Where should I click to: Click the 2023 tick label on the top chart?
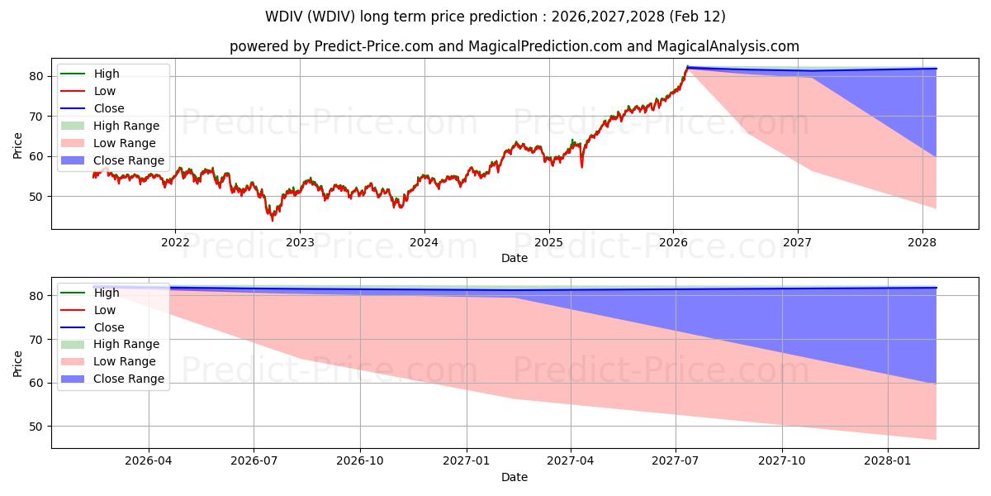coord(299,242)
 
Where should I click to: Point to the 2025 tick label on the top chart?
coord(548,242)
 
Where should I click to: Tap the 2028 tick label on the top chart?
coord(922,242)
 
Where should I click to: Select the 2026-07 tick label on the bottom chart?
coord(254,461)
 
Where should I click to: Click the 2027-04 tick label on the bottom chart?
coord(571,461)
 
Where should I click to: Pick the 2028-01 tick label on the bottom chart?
coord(888,461)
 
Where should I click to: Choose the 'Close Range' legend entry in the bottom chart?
coord(129,379)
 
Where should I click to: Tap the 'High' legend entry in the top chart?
coord(107,74)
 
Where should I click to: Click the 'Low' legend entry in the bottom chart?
coord(105,310)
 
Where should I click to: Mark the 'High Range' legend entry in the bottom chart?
coord(126,344)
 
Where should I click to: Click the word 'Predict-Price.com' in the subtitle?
coord(374,46)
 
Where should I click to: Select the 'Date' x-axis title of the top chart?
coord(514,258)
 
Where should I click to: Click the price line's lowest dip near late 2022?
coord(273,220)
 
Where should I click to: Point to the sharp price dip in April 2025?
coord(581,167)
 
